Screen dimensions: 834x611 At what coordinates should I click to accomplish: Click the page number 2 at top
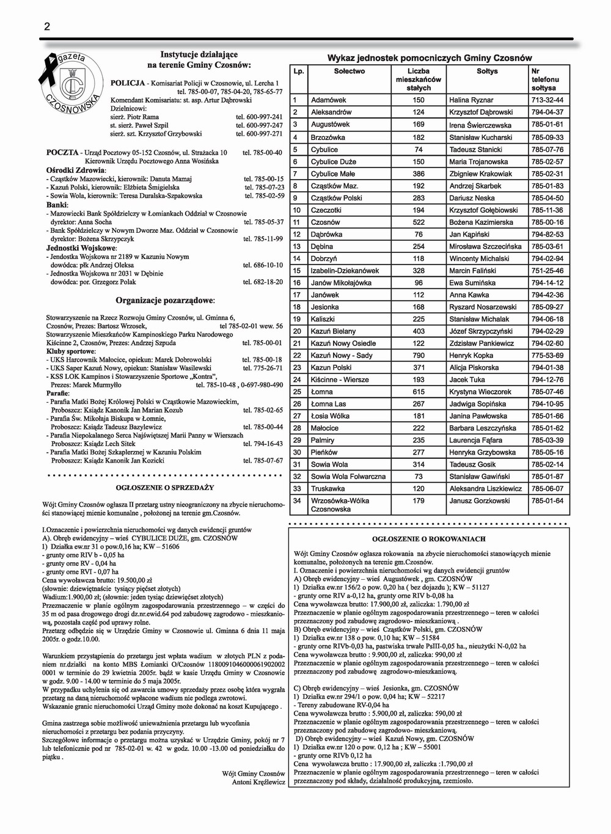click(46, 26)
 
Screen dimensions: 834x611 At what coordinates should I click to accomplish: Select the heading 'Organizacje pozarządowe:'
click(164, 301)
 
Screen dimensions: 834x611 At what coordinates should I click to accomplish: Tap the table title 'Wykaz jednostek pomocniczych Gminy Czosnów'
click(430, 58)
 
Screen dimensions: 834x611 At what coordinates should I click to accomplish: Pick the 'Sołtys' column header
click(487, 71)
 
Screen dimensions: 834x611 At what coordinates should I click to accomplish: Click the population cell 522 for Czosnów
click(419, 222)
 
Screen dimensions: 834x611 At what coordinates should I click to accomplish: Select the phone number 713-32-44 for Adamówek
click(547, 100)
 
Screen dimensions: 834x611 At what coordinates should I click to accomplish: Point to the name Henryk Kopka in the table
click(471, 356)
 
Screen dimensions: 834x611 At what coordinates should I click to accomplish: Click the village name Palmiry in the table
click(323, 441)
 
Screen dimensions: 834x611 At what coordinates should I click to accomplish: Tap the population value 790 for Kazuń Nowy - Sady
click(419, 356)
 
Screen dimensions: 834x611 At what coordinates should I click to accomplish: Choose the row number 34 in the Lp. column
click(298, 501)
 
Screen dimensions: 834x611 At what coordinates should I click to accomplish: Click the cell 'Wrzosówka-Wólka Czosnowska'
click(340, 505)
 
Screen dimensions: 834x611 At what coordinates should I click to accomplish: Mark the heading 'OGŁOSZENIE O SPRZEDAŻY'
click(165, 488)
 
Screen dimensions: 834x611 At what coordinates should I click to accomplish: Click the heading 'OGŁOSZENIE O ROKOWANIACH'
click(428, 539)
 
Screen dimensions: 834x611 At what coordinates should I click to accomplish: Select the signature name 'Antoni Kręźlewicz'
click(258, 782)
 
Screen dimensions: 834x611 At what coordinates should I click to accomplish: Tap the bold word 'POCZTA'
click(62, 152)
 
